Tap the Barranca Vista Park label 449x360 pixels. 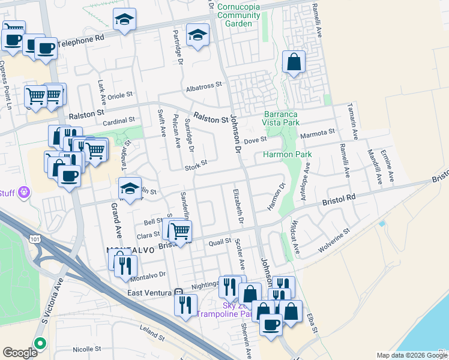(x=282, y=118)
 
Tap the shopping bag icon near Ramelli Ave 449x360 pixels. (x=293, y=62)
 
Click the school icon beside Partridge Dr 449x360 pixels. (x=197, y=35)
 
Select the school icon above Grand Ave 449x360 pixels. (x=130, y=189)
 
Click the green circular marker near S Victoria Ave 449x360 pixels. (x=40, y=344)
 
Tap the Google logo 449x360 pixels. (x=20, y=353)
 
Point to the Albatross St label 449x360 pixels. (x=204, y=86)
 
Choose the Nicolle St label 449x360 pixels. (x=86, y=349)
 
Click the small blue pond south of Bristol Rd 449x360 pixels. (x=382, y=224)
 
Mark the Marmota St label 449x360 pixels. (x=318, y=133)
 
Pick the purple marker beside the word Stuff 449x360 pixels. (x=23, y=192)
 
